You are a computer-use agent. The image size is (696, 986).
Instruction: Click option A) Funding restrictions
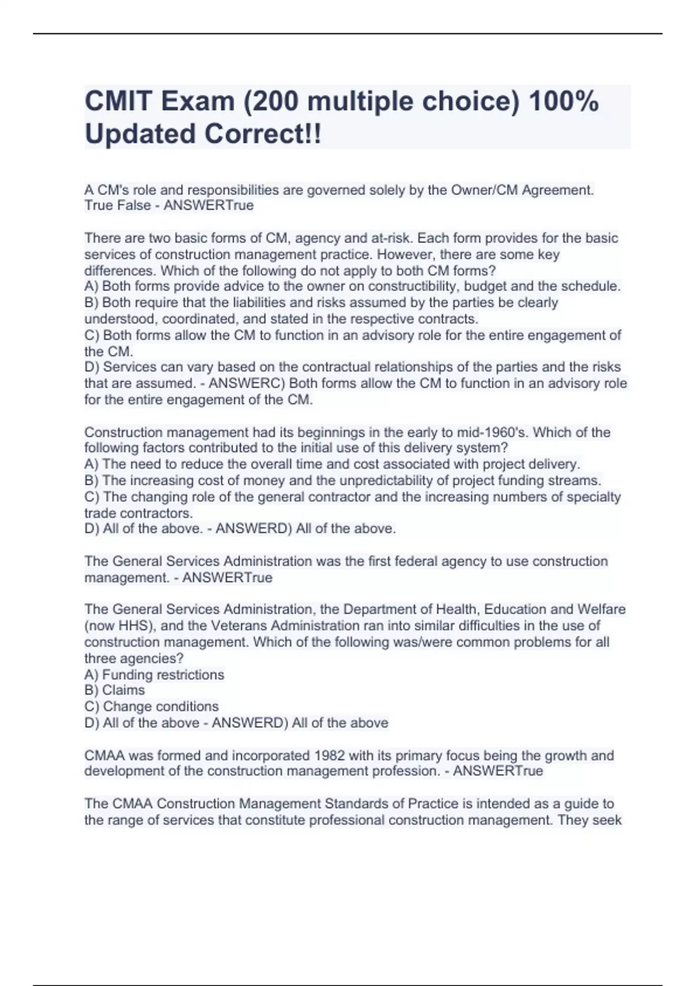[154, 675]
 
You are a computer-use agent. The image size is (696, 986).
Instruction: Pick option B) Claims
[115, 690]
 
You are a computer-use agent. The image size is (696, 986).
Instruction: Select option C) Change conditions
[151, 706]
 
